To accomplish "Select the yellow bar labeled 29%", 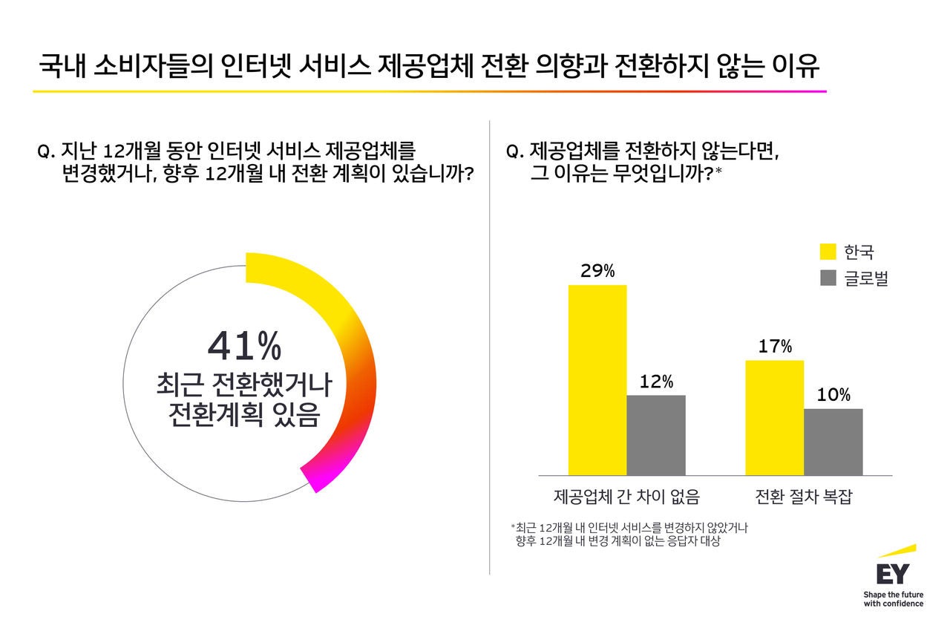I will click(x=597, y=379).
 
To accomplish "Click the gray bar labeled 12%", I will click(x=656, y=434).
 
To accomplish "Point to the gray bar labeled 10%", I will click(x=833, y=441).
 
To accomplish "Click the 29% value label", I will click(x=597, y=271).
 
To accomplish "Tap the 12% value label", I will click(x=656, y=382).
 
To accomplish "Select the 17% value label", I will click(x=775, y=347).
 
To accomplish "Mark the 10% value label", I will click(x=833, y=395).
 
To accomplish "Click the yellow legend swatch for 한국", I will click(x=828, y=251).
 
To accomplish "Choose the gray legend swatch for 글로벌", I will click(x=828, y=278).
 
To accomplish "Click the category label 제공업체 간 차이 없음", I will click(x=626, y=496).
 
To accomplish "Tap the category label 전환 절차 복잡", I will click(x=804, y=496).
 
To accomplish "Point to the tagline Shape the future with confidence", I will click(x=894, y=599).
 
